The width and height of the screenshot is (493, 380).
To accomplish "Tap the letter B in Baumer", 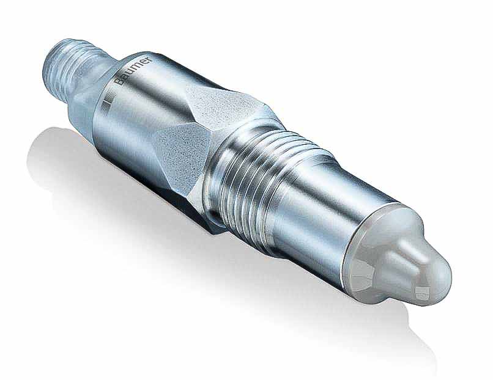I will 117,90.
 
